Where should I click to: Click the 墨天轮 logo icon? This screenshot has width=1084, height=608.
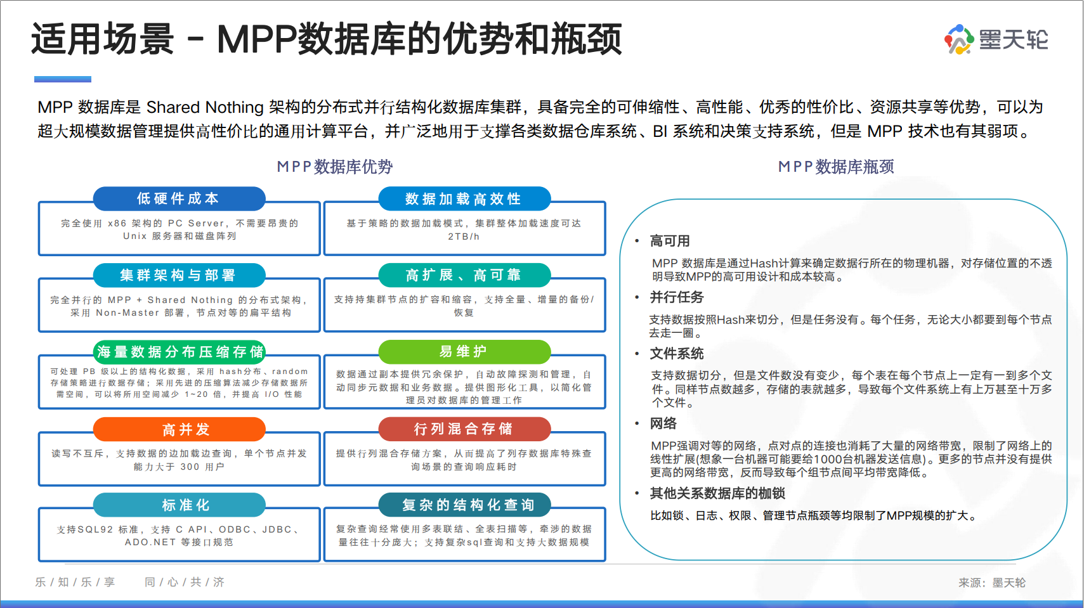point(958,39)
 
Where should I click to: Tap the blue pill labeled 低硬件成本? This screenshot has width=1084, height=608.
point(179,198)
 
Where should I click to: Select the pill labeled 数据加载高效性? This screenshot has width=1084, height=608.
point(464,199)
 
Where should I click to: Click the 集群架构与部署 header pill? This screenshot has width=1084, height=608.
point(179,275)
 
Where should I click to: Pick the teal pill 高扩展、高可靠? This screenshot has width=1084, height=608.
point(464,275)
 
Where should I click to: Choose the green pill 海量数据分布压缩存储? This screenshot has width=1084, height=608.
point(180,352)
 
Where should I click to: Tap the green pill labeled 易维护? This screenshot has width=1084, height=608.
point(464,352)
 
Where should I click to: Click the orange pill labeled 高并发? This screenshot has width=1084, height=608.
point(180,429)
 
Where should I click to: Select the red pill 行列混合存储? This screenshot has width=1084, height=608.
point(464,429)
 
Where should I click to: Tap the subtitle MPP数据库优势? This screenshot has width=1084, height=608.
point(335,167)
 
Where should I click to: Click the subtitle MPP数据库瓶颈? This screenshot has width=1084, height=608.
point(836,167)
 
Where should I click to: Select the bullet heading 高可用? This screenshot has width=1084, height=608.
point(670,241)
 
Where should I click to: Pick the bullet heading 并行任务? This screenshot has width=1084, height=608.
point(677,297)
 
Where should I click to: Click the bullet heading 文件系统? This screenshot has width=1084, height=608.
point(677,354)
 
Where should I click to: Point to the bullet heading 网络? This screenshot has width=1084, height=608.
point(663,424)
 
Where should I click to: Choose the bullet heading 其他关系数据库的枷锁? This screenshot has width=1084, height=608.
point(717,493)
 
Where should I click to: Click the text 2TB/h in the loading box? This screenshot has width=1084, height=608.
point(464,236)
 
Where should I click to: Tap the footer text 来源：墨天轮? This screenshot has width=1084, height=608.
point(991,583)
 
